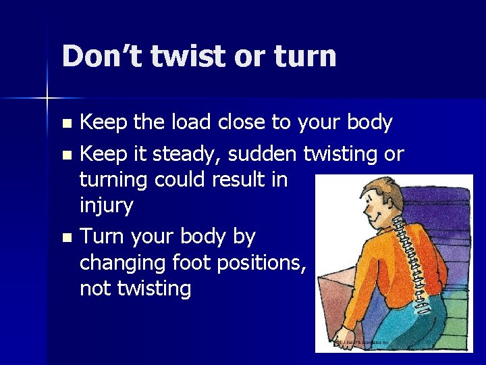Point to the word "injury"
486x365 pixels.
pos(106,206)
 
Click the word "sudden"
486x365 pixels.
pos(262,154)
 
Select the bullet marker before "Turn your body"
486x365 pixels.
pos(65,238)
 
